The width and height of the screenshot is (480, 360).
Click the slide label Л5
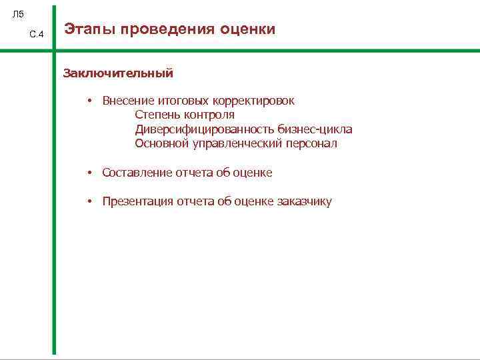coord(18,14)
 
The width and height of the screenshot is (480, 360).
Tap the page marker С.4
coord(37,35)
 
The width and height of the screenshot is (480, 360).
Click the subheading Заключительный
coord(118,73)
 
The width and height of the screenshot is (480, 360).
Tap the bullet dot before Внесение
coord(88,101)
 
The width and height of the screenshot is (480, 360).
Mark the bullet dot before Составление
coord(88,173)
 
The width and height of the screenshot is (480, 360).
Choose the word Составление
coord(137,173)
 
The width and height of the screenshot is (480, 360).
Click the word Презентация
coord(137,202)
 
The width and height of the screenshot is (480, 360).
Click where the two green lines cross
coord(54,51)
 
